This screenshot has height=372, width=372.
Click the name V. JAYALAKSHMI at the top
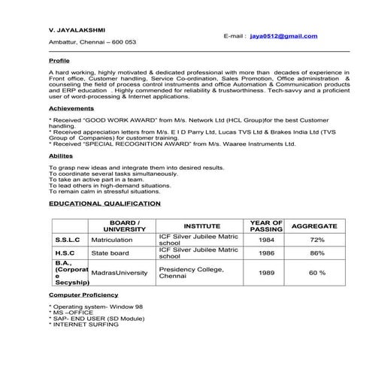74,30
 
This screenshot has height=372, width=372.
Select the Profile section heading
59,59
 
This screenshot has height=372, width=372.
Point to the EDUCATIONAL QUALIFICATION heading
104,203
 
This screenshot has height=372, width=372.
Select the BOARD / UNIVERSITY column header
125,225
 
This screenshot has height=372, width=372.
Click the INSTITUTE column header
201,225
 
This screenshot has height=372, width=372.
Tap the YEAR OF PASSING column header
266,225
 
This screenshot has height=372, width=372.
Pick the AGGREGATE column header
316,225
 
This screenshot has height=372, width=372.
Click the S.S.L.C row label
69,240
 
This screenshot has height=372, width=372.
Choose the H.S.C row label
66,253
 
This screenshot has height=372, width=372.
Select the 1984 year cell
266,240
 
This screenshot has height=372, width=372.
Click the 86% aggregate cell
316,253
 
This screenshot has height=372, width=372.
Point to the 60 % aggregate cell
316,272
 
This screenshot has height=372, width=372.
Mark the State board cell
110,253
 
